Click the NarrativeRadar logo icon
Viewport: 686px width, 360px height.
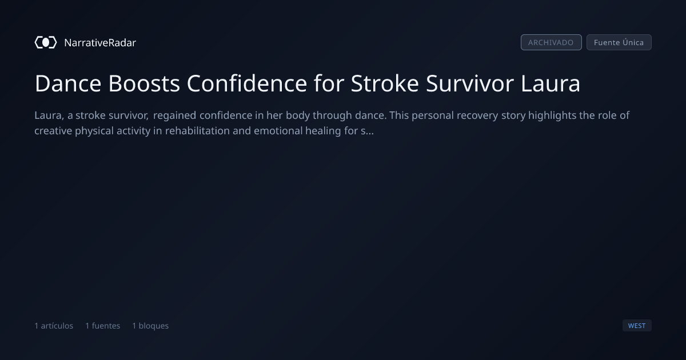[x=46, y=42]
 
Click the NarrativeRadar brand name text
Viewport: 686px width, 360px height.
[x=100, y=43]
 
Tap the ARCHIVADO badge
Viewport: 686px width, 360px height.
[x=551, y=42]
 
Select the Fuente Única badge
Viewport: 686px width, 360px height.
[x=619, y=42]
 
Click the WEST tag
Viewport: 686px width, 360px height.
[x=637, y=325]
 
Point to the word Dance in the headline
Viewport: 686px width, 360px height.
[x=68, y=83]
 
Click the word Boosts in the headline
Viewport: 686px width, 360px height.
[x=144, y=83]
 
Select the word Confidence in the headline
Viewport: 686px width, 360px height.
[x=247, y=83]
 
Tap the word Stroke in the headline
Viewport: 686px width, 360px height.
[x=385, y=83]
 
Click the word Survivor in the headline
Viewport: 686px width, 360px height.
[x=470, y=83]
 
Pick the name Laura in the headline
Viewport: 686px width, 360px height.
[x=551, y=83]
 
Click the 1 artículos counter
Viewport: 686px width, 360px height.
[x=54, y=326]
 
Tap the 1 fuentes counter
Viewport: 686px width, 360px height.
[x=102, y=326]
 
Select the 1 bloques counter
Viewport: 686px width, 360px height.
[x=150, y=326]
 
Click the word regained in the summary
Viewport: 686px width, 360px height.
[x=174, y=115]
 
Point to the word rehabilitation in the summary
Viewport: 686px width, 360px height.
[x=197, y=131]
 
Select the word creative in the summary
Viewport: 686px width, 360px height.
[x=53, y=131]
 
